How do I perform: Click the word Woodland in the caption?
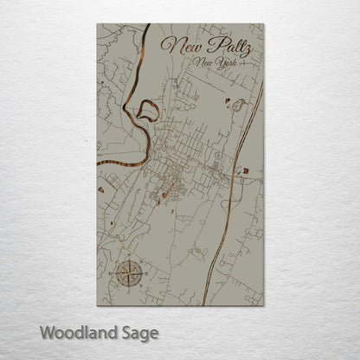tap(74, 331)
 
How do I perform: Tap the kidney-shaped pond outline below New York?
tap(236, 104)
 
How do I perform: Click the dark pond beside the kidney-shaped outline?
tap(227, 101)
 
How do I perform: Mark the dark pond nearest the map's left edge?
tap(102, 189)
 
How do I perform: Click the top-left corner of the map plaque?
tap(97, 23)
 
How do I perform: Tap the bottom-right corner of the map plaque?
tap(263, 305)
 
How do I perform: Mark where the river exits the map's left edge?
tap(98, 163)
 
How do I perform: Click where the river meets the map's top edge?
tap(138, 24)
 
